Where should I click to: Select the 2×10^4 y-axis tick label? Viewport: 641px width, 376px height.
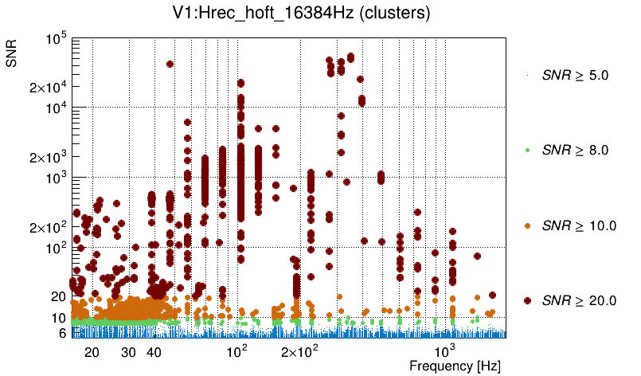(49, 87)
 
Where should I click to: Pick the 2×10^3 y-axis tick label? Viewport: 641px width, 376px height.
(49, 158)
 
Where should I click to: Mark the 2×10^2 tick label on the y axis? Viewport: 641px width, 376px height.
(49, 228)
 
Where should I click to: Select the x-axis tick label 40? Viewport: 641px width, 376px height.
(154, 352)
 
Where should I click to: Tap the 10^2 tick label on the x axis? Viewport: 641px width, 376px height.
(237, 351)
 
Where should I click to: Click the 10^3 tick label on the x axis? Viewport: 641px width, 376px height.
(444, 351)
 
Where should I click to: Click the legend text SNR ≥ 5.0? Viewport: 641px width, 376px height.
(575, 76)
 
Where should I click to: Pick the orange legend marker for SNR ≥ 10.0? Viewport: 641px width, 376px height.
(527, 225)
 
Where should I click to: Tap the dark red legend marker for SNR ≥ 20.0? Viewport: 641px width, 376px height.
(527, 300)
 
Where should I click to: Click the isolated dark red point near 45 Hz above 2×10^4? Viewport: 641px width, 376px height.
(170, 65)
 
